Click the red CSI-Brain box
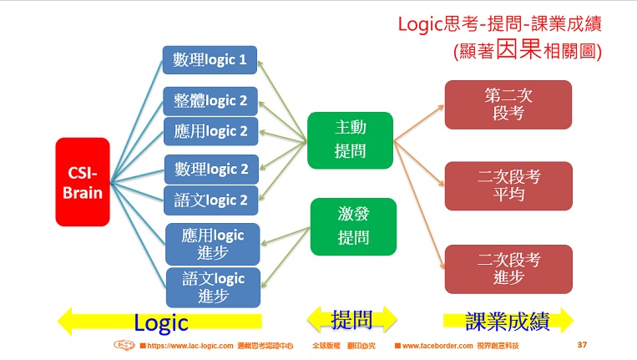(x=83, y=181)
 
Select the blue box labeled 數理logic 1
(x=210, y=60)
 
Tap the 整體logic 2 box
(x=210, y=100)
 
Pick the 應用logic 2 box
(x=210, y=131)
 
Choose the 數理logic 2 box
(x=210, y=170)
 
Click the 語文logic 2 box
(x=210, y=200)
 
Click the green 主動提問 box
(x=350, y=139)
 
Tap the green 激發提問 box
(x=353, y=226)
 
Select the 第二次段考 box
(x=508, y=104)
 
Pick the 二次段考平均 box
(x=508, y=185)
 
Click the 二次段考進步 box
(x=508, y=268)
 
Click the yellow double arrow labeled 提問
(x=352, y=319)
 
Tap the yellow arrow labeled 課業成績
(x=508, y=320)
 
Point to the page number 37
(x=583, y=345)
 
